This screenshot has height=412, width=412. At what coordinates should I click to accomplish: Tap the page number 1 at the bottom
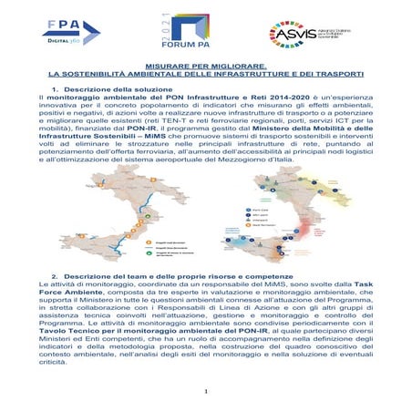pyautogui.click(x=207, y=393)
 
